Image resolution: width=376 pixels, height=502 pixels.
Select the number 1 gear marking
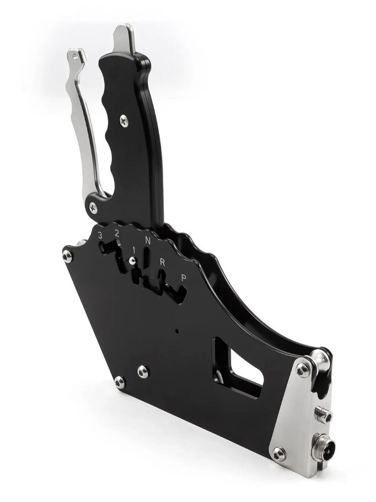click(134, 249)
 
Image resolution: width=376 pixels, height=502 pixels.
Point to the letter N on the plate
click(148, 241)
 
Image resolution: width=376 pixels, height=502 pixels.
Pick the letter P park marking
click(183, 278)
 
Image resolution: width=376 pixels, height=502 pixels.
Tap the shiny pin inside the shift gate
click(133, 260)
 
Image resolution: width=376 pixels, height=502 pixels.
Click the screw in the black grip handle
click(124, 120)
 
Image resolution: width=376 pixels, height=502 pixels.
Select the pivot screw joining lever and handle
click(93, 207)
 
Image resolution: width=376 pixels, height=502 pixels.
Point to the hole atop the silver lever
click(76, 56)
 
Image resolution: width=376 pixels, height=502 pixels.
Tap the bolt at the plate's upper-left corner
click(67, 256)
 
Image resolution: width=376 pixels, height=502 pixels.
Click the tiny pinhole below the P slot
click(177, 331)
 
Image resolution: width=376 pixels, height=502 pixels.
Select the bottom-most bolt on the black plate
click(120, 383)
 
